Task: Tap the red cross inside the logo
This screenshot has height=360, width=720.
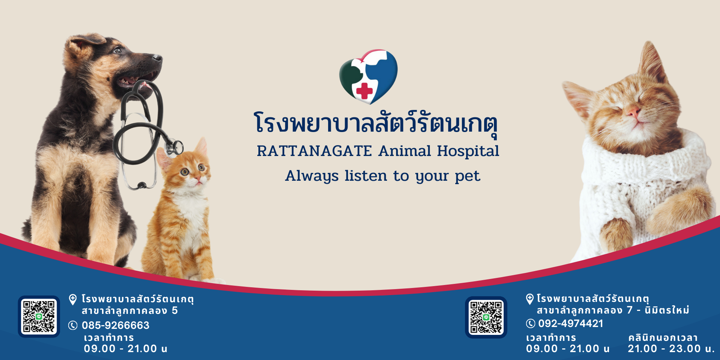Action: (x=364, y=91)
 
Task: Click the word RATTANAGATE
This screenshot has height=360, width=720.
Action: (x=314, y=151)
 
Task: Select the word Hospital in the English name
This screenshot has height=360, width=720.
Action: (x=468, y=151)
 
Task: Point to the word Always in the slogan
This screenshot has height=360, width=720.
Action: (x=312, y=176)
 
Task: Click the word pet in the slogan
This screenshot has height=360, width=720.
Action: (x=467, y=176)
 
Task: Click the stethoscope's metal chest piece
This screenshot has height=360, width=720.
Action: (x=174, y=147)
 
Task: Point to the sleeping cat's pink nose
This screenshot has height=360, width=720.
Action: (x=633, y=112)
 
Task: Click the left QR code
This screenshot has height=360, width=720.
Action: (x=39, y=316)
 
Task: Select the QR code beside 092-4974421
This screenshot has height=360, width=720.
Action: (x=486, y=317)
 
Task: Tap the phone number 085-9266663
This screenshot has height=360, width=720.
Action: (x=115, y=325)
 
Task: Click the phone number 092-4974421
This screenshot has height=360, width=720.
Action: (x=570, y=323)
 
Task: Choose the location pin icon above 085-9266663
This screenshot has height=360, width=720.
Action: (x=73, y=299)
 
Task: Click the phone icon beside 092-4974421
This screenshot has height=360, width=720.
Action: (x=530, y=323)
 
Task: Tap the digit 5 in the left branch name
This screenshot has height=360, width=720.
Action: (x=175, y=310)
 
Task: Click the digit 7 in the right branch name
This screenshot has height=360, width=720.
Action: (x=629, y=310)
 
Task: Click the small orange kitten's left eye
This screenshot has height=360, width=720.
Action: (x=184, y=172)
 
